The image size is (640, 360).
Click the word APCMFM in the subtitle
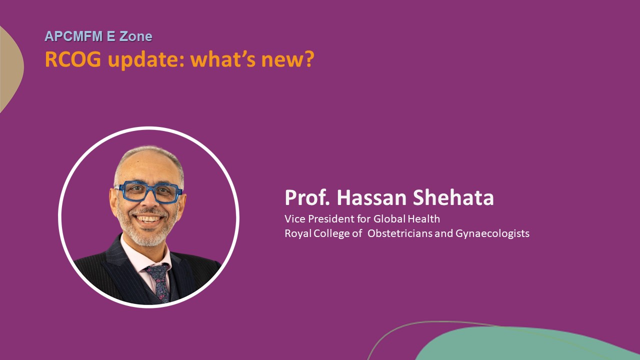(73, 36)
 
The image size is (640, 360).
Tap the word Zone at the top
(135, 36)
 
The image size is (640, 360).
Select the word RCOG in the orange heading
(73, 59)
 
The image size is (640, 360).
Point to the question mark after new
(309, 59)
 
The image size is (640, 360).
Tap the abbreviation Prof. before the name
(307, 197)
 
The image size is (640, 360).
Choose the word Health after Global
(423, 219)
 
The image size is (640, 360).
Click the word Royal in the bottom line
(298, 233)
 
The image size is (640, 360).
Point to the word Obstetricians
(399, 233)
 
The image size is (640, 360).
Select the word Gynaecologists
(492, 234)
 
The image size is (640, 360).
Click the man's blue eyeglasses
(148, 192)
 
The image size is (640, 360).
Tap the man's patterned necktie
(159, 282)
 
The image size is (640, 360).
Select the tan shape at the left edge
(10, 68)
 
